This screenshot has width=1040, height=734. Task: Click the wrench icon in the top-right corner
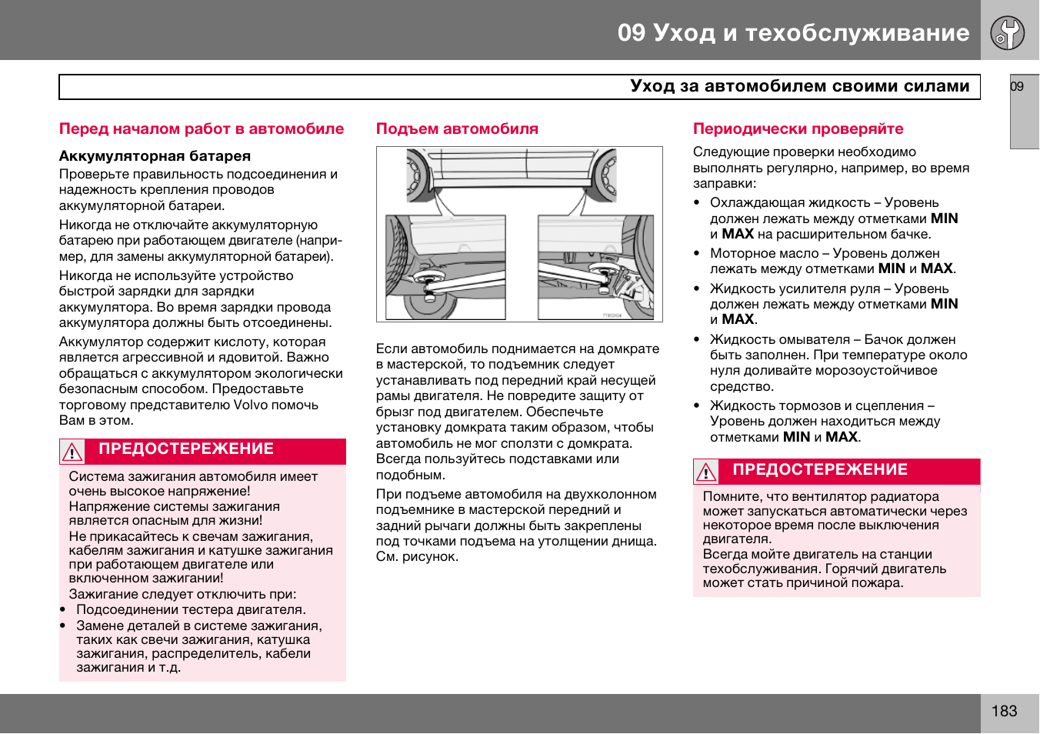click(x=1008, y=33)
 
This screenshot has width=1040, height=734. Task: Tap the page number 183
click(x=1004, y=712)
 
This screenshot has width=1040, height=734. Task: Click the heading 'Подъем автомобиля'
click(x=457, y=129)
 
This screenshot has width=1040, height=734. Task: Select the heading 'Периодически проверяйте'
click(x=798, y=129)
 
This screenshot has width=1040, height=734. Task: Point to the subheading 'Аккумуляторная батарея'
click(x=155, y=156)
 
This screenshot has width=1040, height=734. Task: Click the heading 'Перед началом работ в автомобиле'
click(x=202, y=129)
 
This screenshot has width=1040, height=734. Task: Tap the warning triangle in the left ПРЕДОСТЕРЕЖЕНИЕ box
click(x=72, y=452)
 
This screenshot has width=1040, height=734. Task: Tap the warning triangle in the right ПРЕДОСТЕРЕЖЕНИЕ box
click(x=705, y=472)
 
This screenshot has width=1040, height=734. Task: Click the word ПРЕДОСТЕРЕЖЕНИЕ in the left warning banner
click(x=186, y=449)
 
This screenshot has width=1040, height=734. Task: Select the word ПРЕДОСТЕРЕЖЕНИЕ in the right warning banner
click(x=820, y=470)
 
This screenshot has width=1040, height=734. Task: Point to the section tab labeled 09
click(x=1018, y=87)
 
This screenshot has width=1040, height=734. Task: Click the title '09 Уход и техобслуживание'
click(x=793, y=32)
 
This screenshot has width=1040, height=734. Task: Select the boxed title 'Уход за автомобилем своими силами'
click(x=799, y=86)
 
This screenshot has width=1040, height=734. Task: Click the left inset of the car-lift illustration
click(x=445, y=267)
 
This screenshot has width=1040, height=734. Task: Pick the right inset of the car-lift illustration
click(x=595, y=267)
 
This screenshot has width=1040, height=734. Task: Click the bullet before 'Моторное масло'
click(x=697, y=254)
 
